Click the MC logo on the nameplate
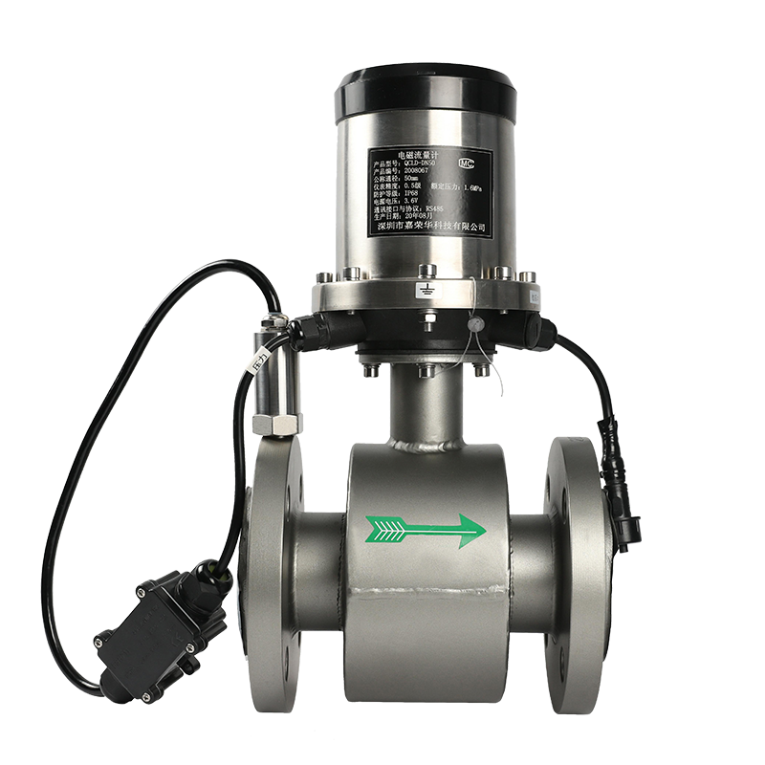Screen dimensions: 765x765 [468, 162]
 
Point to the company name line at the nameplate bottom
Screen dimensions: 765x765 [430, 227]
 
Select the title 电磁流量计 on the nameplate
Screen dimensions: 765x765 [417, 153]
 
